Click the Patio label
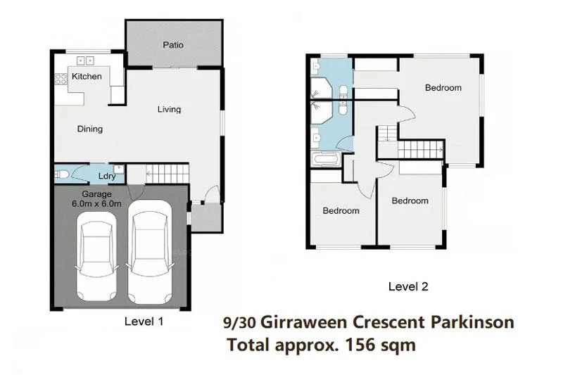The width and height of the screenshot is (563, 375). tap(173, 45)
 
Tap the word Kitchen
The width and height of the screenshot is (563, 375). tap(87, 76)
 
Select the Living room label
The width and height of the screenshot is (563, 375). tap(169, 109)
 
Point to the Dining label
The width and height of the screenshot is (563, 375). tap(90, 129)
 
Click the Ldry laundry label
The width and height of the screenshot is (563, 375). tap(107, 176)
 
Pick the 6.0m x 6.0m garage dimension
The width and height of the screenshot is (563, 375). tap(97, 204)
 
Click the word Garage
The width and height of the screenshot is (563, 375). tap(97, 194)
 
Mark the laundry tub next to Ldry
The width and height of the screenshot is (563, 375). tap(120, 170)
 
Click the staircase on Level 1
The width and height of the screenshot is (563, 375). tap(167, 172)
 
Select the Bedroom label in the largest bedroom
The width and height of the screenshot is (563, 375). tap(443, 88)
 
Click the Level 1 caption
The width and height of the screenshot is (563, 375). tap(144, 320)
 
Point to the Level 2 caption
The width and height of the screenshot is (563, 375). tap(408, 286)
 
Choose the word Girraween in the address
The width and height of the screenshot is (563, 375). tap(308, 323)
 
